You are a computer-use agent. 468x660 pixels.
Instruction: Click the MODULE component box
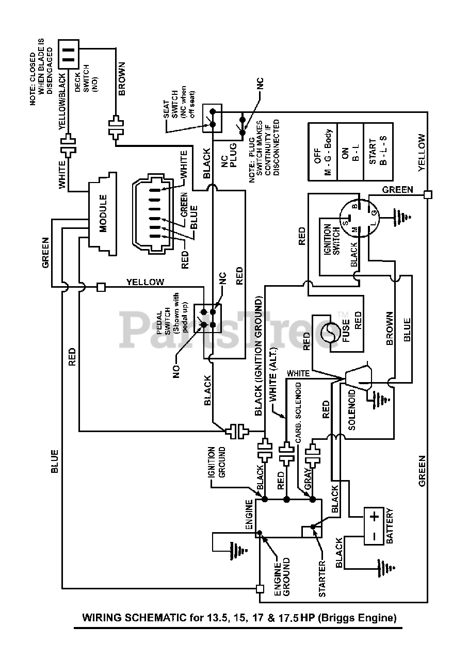(103, 213)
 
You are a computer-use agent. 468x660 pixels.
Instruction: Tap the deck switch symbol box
(69, 55)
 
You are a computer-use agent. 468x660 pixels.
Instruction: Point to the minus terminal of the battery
(374, 536)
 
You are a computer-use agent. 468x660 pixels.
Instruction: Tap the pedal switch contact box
(207, 318)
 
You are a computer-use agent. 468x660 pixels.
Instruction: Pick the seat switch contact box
(212, 118)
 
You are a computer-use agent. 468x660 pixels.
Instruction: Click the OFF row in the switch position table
(322, 152)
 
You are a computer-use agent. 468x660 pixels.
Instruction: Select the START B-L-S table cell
(378, 152)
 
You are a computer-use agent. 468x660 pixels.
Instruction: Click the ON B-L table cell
(350, 152)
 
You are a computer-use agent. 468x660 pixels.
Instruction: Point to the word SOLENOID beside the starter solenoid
(351, 410)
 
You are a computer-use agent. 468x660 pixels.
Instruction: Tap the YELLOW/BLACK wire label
(63, 102)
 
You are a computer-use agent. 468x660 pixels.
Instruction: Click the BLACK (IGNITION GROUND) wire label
(259, 357)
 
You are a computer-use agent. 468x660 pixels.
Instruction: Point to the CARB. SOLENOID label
(298, 412)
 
